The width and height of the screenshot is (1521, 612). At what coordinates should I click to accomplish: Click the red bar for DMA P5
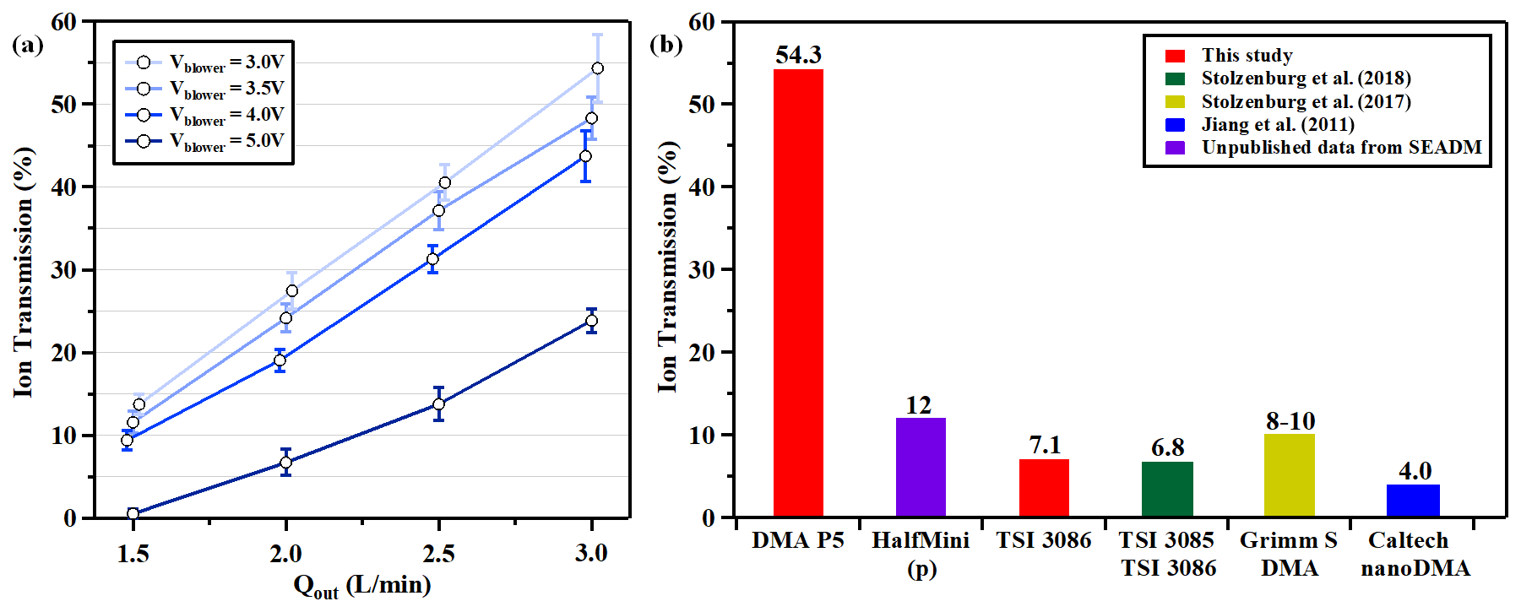[798, 292]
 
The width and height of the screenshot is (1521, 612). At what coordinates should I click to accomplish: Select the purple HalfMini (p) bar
[921, 467]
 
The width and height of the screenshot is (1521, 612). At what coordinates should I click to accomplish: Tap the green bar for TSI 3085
[1167, 489]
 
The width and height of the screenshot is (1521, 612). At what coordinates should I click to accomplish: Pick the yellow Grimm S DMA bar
[1289, 474]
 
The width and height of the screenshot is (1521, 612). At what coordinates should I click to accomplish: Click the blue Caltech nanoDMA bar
[1412, 500]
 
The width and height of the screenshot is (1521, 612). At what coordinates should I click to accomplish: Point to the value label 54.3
[798, 55]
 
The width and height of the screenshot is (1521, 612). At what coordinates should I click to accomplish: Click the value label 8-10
[1290, 420]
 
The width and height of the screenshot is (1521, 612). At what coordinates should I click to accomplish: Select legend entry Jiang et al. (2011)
[1277, 125]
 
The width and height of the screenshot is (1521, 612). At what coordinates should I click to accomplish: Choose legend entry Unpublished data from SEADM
[1340, 148]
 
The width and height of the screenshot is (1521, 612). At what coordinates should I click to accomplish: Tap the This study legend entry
[1247, 56]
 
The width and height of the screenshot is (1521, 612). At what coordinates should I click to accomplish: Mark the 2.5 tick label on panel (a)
[438, 554]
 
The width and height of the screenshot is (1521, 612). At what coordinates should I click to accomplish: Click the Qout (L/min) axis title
[361, 586]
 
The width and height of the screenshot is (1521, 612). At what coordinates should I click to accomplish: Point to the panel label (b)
[665, 44]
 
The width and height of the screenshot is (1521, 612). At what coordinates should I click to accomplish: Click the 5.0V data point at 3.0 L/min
[591, 321]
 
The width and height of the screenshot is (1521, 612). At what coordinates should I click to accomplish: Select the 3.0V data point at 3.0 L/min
[597, 68]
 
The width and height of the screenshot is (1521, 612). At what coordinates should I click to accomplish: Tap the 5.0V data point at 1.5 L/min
[133, 513]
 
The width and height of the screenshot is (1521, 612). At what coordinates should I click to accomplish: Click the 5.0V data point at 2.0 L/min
[285, 462]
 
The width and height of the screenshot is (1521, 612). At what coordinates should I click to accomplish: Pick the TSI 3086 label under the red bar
[1044, 540]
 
